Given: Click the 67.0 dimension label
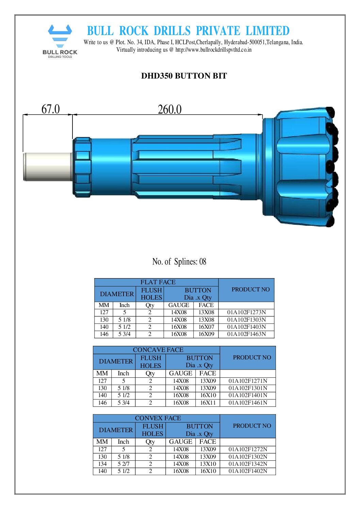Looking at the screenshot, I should click(50, 109).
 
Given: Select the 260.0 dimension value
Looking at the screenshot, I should click(169, 109).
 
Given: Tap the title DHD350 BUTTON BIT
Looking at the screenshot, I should click(184, 76).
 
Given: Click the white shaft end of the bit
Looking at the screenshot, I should click(48, 167).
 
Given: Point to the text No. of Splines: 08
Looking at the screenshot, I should click(179, 261).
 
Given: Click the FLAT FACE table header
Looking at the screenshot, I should click(158, 282).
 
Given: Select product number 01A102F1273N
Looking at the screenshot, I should click(246, 312).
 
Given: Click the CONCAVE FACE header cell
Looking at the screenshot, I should click(158, 350).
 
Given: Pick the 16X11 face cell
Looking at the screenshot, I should click(208, 403).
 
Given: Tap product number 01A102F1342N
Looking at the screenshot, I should click(248, 464).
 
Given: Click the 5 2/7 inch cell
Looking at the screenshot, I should click(124, 464).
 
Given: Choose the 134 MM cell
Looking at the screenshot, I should click(102, 464).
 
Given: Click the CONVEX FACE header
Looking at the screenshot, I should click(158, 418).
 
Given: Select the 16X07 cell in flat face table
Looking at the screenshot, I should click(206, 327).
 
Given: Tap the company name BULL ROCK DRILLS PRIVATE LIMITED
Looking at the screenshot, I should click(188, 31).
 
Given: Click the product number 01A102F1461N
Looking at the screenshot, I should click(248, 403).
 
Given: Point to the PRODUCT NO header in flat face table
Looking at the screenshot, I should click(250, 289).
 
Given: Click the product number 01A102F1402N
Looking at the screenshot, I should click(248, 471).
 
